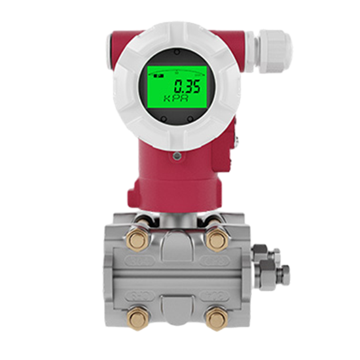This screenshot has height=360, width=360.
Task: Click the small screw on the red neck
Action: click(x=177, y=156)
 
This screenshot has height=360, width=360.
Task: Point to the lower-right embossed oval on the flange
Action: click(x=215, y=296)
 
